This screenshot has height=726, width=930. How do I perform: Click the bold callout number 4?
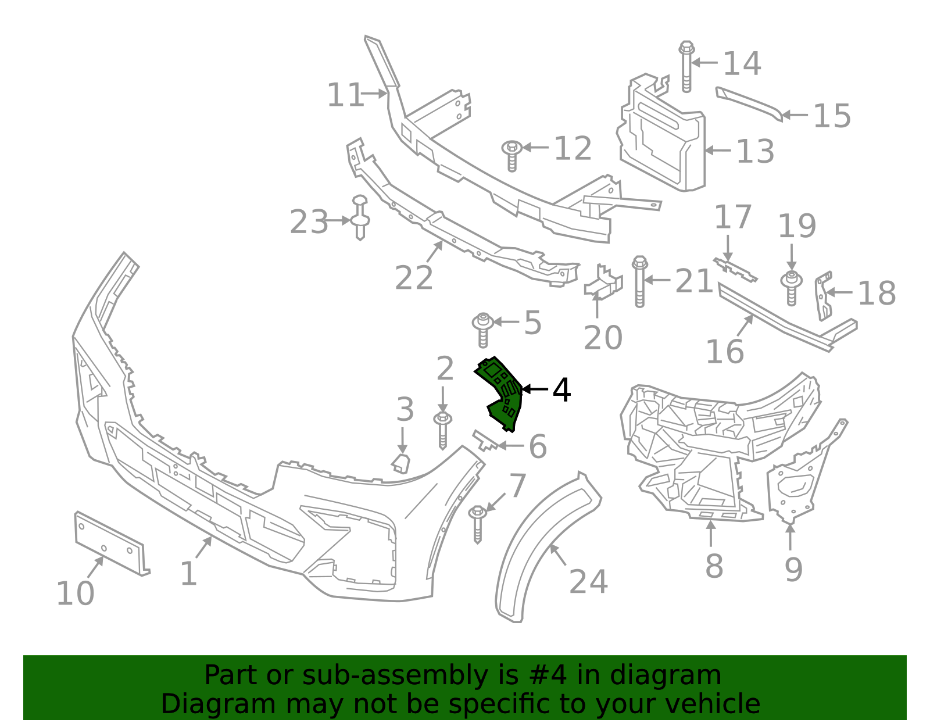pyautogui.click(x=561, y=391)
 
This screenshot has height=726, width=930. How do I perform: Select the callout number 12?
pyautogui.click(x=573, y=149)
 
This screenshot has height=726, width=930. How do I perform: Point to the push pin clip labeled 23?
pyautogui.click(x=360, y=219)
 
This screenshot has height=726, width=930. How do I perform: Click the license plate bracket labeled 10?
pyautogui.click(x=110, y=542)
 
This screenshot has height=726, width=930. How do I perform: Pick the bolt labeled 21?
pyautogui.click(x=639, y=281)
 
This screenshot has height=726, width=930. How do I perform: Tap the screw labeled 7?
pyautogui.click(x=477, y=523)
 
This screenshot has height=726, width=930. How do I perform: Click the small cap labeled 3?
pyautogui.click(x=401, y=463)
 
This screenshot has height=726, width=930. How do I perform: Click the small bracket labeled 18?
pyautogui.click(x=823, y=296)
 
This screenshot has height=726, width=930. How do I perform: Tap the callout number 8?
pyautogui.click(x=714, y=566)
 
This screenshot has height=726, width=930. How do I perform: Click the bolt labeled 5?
pyautogui.click(x=482, y=330)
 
